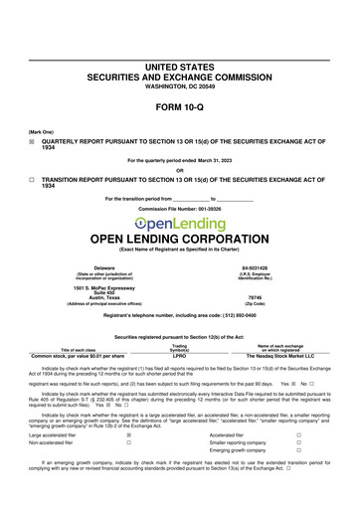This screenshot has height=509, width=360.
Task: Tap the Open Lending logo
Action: (x=179, y=224)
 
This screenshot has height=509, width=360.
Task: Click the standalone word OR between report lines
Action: (x=179, y=169)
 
